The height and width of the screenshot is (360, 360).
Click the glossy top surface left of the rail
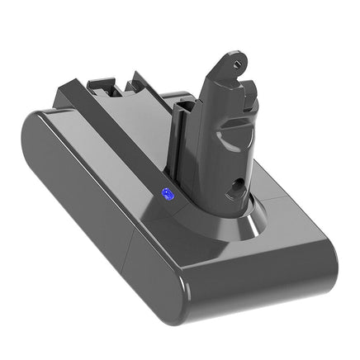point(66,124)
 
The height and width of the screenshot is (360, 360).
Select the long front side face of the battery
point(182,264)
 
